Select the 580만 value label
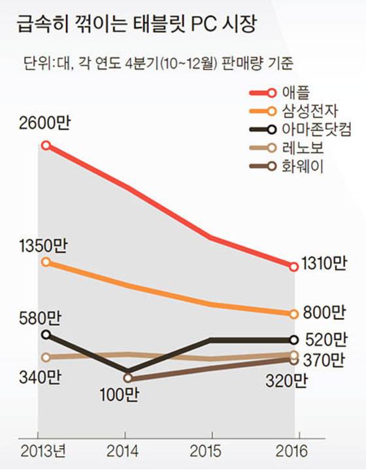[40, 319]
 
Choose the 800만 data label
[324, 313]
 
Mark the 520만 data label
[324, 340]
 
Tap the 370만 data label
[324, 359]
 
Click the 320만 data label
[286, 381]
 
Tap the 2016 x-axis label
[298, 451]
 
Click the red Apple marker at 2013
[45, 145]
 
